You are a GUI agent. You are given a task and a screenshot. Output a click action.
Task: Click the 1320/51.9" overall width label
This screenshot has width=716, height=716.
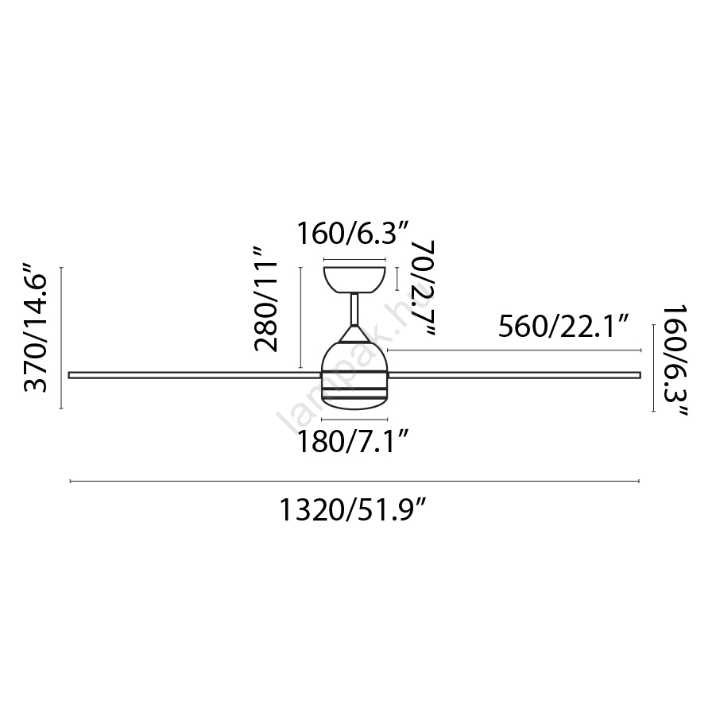tap(353, 510)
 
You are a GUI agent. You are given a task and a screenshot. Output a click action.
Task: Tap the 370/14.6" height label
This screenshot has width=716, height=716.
tap(36, 327)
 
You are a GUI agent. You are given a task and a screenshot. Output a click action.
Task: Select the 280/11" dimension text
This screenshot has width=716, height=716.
tap(265, 300)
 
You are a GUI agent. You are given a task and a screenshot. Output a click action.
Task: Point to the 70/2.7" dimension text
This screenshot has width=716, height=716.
tap(423, 288)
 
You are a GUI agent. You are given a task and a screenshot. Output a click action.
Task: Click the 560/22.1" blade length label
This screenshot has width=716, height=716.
tap(564, 327)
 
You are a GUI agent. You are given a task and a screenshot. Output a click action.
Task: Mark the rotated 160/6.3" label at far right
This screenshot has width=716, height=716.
tap(675, 362)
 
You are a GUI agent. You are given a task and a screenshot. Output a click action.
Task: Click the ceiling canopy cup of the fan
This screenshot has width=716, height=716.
tap(354, 279)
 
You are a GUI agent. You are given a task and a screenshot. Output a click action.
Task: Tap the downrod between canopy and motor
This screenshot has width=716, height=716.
tap(354, 309)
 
